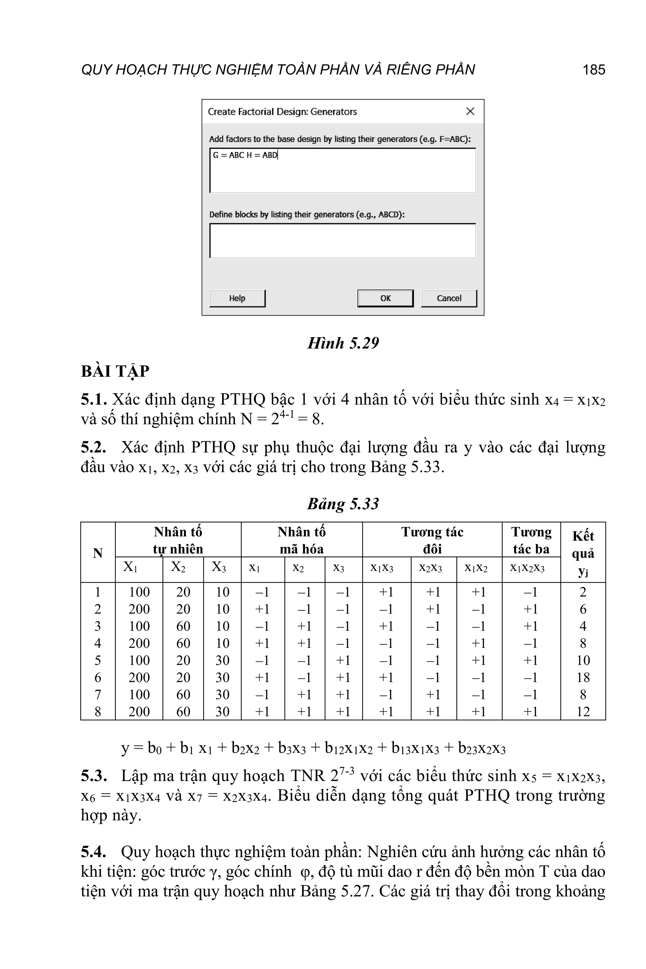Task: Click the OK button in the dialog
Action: [385, 298]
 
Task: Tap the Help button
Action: [237, 298]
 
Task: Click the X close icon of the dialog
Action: [470, 111]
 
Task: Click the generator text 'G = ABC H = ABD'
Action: [245, 155]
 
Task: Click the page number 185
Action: [594, 70]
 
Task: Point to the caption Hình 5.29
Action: [343, 343]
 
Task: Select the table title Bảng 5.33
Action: [343, 503]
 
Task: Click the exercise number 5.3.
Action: [93, 776]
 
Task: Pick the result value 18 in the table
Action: [583, 677]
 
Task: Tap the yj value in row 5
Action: [583, 661]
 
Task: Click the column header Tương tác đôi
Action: [432, 540]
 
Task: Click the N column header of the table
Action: [98, 553]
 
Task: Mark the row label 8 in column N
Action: [98, 712]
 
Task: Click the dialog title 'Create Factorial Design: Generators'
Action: [282, 112]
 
